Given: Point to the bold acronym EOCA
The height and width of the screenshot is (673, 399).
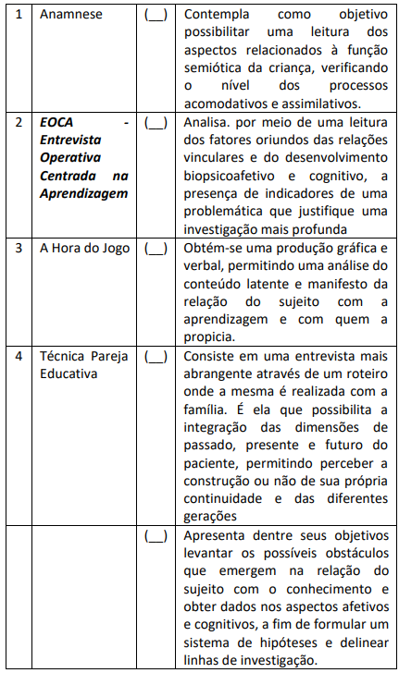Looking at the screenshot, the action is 57,121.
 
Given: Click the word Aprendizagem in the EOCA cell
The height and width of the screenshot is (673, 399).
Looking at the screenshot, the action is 84,192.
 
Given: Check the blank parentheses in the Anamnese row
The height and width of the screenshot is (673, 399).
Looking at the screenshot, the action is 156,16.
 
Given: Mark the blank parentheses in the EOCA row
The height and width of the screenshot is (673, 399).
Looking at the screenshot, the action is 156,121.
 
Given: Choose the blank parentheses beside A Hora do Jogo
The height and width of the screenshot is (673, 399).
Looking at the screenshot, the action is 156,249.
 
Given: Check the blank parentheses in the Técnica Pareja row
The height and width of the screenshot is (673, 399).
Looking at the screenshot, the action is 156,355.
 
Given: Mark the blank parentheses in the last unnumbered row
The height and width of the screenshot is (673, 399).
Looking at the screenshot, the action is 156,534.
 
